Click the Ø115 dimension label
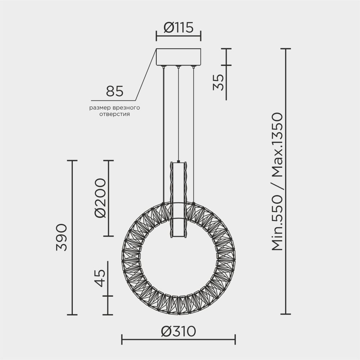coord(178,27)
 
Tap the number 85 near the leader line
coord(115,91)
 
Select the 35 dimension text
coord(218,82)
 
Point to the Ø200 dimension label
coord(101,198)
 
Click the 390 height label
coord(61,237)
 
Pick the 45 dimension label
coord(101,278)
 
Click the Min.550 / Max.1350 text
coord(278,182)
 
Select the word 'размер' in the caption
coord(99,108)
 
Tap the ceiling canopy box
coord(178,57)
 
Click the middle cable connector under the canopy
coord(178,67)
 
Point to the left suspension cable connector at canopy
coord(164,67)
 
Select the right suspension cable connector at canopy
coord(193,67)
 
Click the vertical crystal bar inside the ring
coord(178,200)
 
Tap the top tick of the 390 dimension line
coord(72,161)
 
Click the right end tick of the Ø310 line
coord(235,339)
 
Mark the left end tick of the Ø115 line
coord(156,36)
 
